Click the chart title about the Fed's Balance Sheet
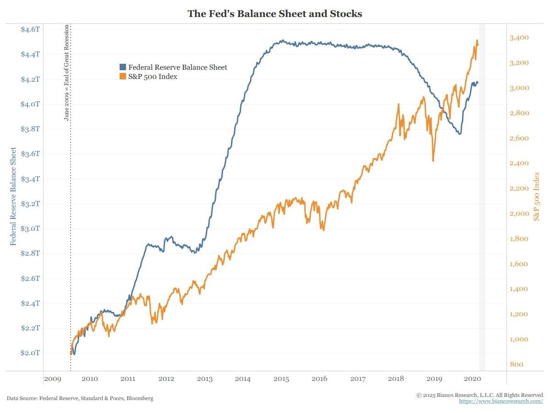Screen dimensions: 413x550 click(275, 14)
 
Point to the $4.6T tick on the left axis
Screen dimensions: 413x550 click(31, 29)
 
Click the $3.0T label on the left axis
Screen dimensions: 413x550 click(31, 229)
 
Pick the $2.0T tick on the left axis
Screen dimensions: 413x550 click(31, 353)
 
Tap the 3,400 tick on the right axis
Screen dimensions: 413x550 click(520, 38)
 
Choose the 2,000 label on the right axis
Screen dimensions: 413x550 click(520, 214)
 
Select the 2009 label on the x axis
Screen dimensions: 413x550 click(52, 379)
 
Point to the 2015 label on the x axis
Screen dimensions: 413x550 click(281, 379)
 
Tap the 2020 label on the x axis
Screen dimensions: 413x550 click(472, 379)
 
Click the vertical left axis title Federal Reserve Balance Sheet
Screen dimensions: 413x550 click(13, 196)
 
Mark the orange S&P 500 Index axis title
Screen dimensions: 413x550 click(537, 196)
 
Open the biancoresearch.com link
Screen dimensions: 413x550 click(501, 401)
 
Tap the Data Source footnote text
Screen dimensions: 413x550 click(80, 398)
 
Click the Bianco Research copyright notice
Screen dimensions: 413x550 click(480, 395)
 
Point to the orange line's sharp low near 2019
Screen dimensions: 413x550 click(433, 161)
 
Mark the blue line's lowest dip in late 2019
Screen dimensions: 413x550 click(459, 134)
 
